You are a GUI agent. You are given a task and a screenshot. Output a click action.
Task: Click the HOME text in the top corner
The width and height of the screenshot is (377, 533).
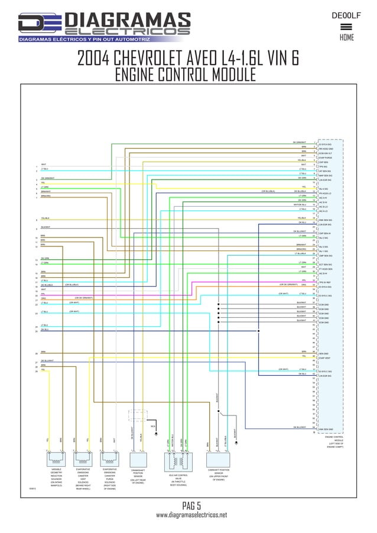coord(347,37)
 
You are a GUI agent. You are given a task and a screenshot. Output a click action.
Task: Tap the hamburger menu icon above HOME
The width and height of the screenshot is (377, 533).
coord(347,27)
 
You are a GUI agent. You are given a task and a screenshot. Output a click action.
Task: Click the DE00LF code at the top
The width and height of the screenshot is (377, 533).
coord(346,15)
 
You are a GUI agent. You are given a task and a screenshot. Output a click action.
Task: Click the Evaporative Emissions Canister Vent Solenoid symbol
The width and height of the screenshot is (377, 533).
coord(82,460)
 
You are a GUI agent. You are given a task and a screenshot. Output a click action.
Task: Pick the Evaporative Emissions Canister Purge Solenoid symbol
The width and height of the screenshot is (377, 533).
coord(109,460)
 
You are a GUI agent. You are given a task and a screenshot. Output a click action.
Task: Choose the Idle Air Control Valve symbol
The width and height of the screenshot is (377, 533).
coord(178,460)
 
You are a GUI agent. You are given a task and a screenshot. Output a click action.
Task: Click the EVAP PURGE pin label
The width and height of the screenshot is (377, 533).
coord(326,157)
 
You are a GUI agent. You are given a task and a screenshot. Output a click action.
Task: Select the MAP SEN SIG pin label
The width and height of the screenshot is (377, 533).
coord(327,175)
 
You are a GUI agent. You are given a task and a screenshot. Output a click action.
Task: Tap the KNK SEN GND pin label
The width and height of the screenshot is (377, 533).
coord(327,429)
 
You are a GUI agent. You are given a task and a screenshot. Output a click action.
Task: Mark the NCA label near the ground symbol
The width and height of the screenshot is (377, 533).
coord(153,426)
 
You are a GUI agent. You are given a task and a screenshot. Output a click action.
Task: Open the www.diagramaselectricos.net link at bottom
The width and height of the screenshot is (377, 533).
coord(191,516)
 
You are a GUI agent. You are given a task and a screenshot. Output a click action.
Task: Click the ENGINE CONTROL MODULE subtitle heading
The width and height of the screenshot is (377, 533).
coord(185,75)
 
